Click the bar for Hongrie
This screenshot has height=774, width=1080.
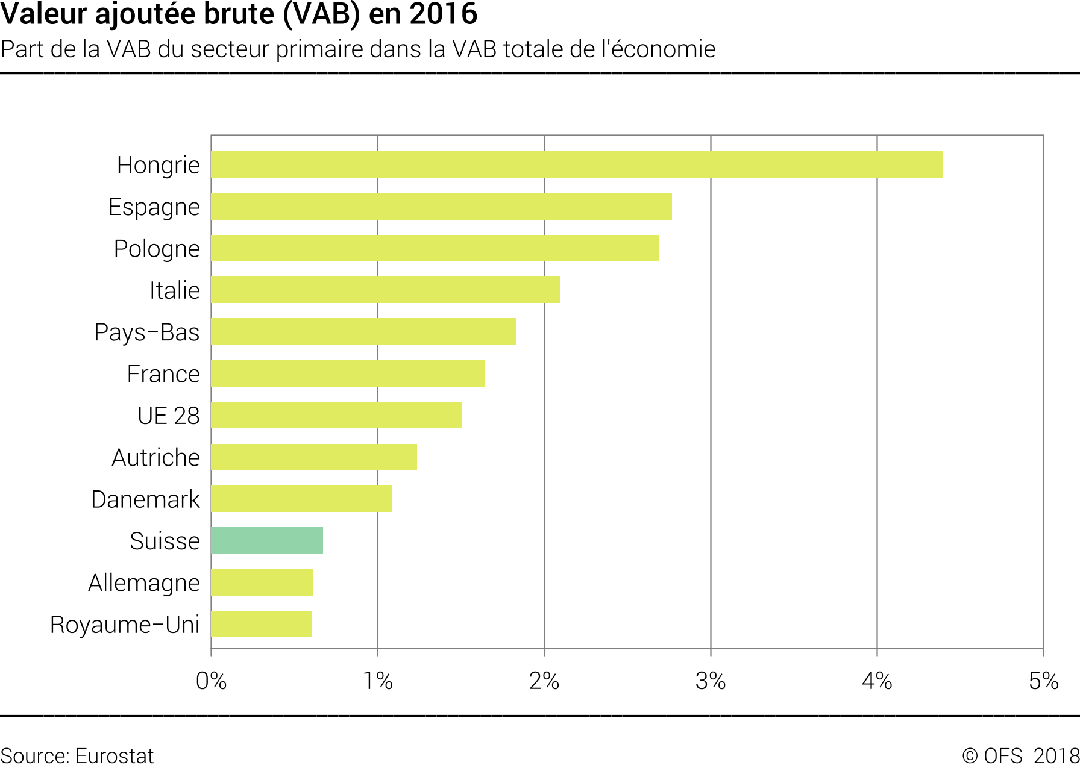point(577,164)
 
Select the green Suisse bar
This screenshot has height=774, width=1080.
point(267,540)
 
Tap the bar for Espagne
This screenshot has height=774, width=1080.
point(441,207)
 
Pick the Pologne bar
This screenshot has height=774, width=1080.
point(435,248)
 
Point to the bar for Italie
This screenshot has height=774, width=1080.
point(385,290)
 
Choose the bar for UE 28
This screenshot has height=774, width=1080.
point(336,415)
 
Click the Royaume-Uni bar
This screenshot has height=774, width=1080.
point(261,624)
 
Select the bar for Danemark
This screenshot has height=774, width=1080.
point(301,499)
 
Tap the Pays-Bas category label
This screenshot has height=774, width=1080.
point(146,332)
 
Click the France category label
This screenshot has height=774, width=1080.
point(163,374)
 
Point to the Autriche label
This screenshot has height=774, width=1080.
point(155,458)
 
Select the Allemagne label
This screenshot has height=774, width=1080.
point(143,583)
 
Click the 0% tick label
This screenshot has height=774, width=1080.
point(211,681)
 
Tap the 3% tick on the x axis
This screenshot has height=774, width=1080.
point(711,681)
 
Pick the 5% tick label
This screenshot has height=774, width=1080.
point(1043,681)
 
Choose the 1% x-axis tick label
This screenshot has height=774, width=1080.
point(378,681)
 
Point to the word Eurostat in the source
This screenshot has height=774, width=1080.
point(115,756)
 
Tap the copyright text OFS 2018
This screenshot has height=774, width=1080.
point(1020,756)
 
